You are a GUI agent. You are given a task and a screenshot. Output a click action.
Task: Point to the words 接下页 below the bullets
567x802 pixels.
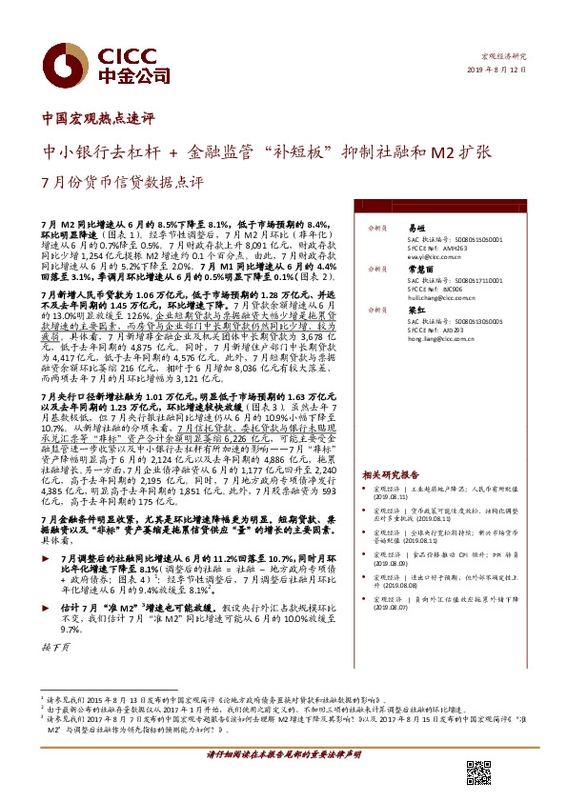[56, 645]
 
